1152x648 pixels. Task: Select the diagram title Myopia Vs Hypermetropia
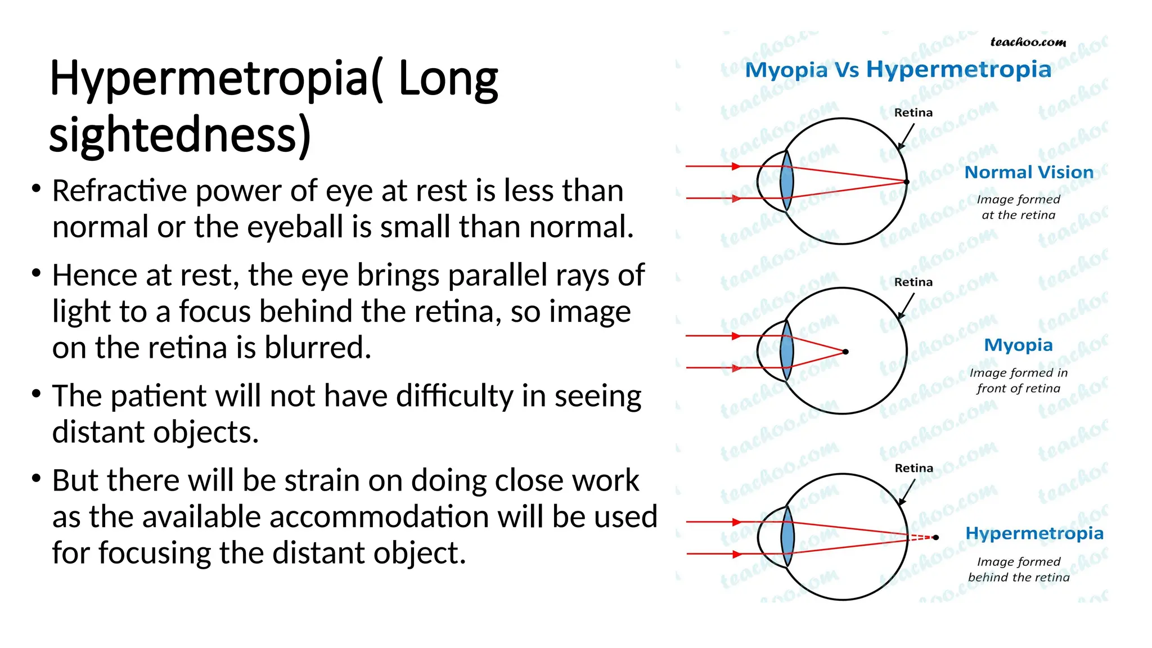click(898, 70)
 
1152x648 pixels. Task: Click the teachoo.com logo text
click(1028, 42)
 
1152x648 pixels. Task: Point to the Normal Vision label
click(1029, 172)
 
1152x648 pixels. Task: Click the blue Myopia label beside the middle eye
click(1018, 345)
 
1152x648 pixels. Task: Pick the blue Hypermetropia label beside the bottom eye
click(1034, 533)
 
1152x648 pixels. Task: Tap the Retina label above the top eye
click(913, 112)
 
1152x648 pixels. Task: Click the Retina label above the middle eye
click(913, 282)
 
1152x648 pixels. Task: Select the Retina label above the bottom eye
click(913, 468)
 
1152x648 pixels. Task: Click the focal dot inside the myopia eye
click(845, 352)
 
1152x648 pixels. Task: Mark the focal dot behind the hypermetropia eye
click(936, 538)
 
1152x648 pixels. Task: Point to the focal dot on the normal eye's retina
click(906, 182)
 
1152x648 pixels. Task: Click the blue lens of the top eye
click(787, 182)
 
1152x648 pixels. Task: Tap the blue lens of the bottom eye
click(787, 537)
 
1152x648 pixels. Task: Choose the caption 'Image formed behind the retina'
click(1019, 569)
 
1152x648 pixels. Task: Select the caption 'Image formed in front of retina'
click(1018, 380)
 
